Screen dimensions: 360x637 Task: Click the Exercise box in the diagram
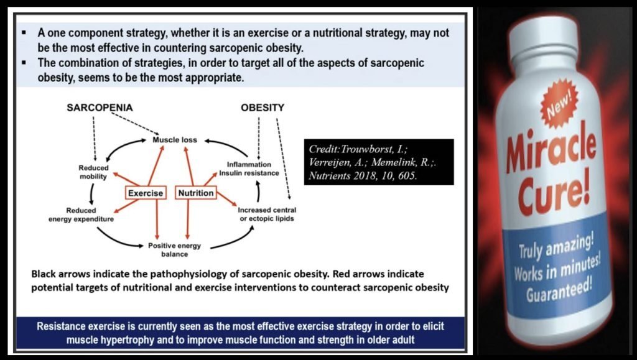(x=146, y=193)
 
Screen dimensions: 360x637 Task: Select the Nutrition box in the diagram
(x=196, y=193)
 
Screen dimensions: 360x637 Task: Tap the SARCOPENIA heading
(x=100, y=108)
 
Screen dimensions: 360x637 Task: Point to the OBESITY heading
(x=263, y=108)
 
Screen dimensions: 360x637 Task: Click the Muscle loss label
(x=175, y=140)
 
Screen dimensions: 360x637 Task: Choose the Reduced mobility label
(x=93, y=172)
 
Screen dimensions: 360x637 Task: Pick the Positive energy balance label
(x=174, y=249)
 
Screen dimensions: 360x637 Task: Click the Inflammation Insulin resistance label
(x=249, y=168)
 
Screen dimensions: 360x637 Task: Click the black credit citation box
(x=380, y=162)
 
